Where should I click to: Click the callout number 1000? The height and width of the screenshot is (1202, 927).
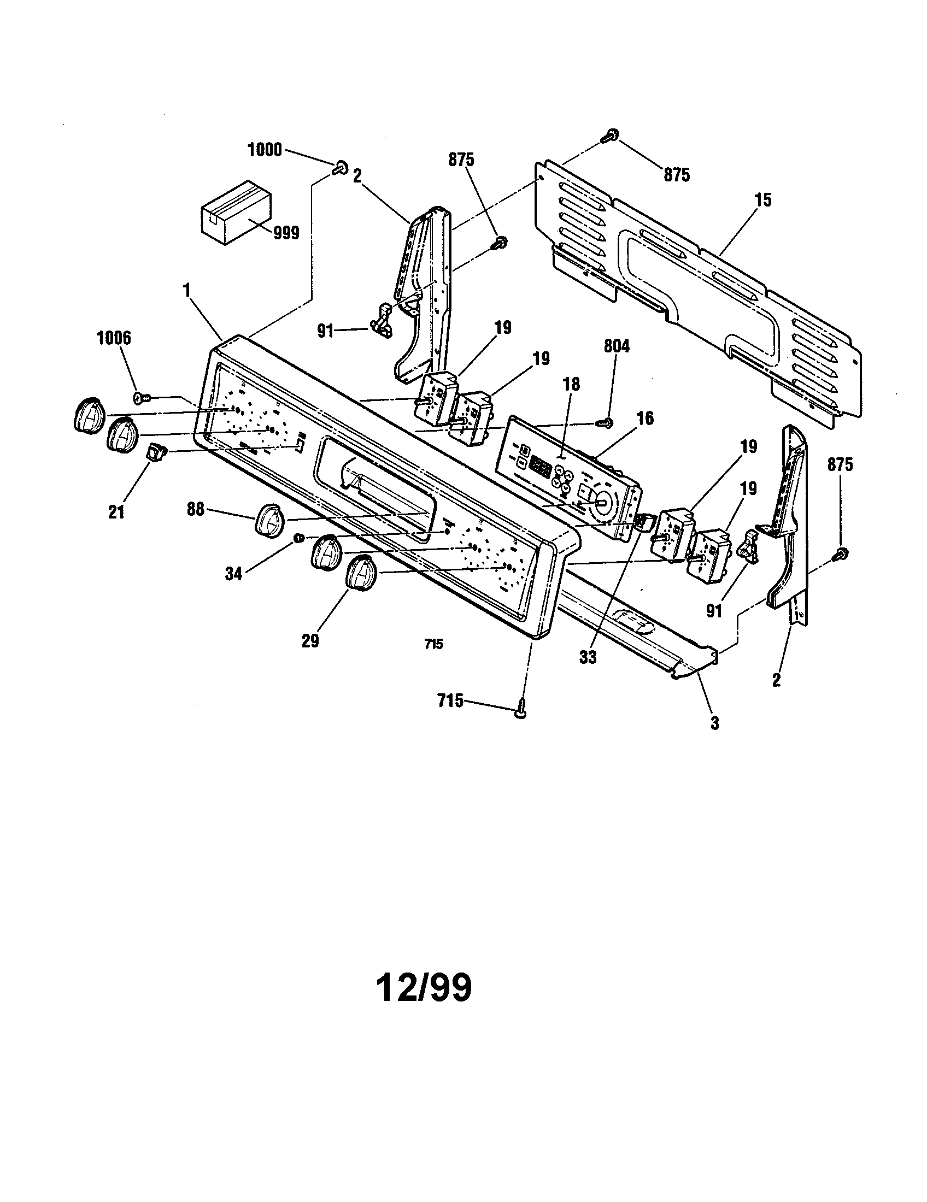point(265,150)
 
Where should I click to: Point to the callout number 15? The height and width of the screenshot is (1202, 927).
point(762,200)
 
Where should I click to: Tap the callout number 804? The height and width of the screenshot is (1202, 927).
point(617,346)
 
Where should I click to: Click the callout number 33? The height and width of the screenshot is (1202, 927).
point(588,657)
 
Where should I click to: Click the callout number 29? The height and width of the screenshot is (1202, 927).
point(310,641)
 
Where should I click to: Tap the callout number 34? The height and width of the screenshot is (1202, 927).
point(234,575)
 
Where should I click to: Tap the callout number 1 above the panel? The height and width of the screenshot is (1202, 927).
point(186,288)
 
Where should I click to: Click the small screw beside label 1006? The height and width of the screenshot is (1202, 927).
point(140,396)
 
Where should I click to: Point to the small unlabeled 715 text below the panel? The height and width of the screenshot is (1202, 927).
point(434,644)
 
